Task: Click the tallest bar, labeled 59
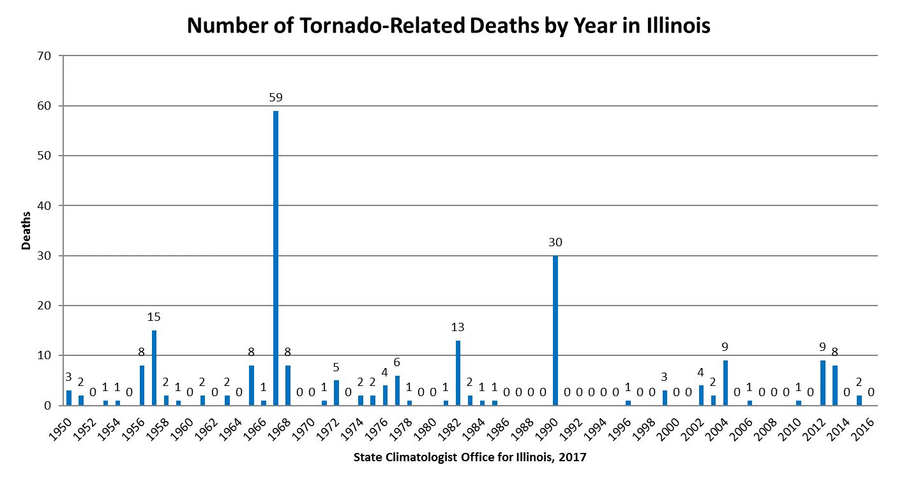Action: click(276, 258)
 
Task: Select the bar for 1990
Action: click(555, 330)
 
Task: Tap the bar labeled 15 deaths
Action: click(154, 367)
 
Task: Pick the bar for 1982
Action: click(458, 373)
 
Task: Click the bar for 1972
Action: click(336, 392)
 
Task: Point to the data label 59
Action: click(276, 98)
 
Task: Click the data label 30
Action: click(555, 242)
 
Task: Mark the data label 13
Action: click(458, 327)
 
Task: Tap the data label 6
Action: click(397, 362)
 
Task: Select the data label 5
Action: click(336, 367)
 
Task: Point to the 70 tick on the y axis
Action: click(44, 56)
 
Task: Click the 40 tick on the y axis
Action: click(44, 205)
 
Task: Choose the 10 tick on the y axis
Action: click(44, 355)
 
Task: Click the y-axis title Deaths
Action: click(26, 230)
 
